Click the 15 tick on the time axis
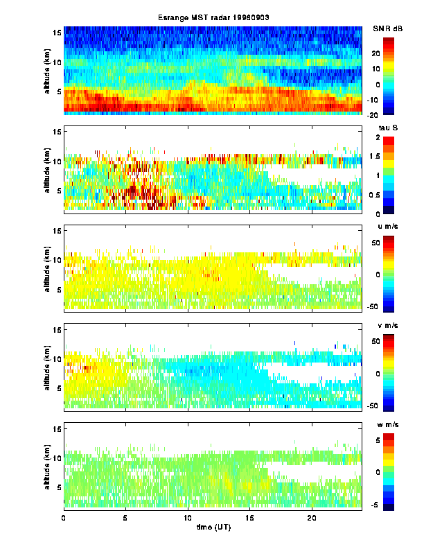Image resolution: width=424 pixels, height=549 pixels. click(x=249, y=517)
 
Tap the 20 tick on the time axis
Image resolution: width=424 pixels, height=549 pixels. click(x=311, y=517)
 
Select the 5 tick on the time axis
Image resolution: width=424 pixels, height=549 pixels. click(x=125, y=517)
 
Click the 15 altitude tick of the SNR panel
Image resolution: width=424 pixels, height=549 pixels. click(x=58, y=33)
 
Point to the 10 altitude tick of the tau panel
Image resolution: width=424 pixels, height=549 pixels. click(x=58, y=161)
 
